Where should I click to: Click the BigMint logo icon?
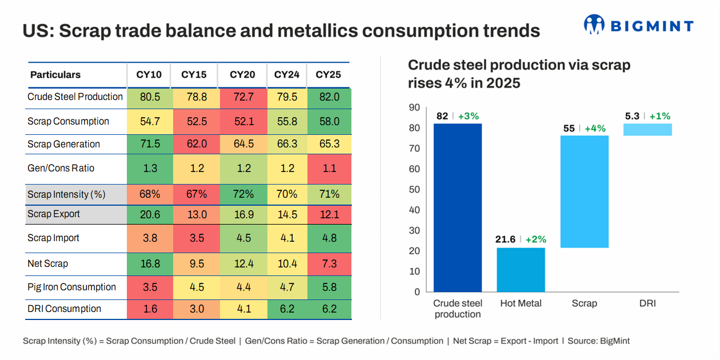click(594, 25)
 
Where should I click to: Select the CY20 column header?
click(242, 75)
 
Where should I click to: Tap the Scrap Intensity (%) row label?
click(66, 194)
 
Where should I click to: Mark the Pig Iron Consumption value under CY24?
click(286, 287)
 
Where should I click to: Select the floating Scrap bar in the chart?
click(584, 191)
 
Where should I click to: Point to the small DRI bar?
click(647, 130)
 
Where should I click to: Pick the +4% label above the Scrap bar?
click(595, 128)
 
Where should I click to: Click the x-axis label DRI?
click(647, 303)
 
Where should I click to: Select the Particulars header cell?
click(55, 75)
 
